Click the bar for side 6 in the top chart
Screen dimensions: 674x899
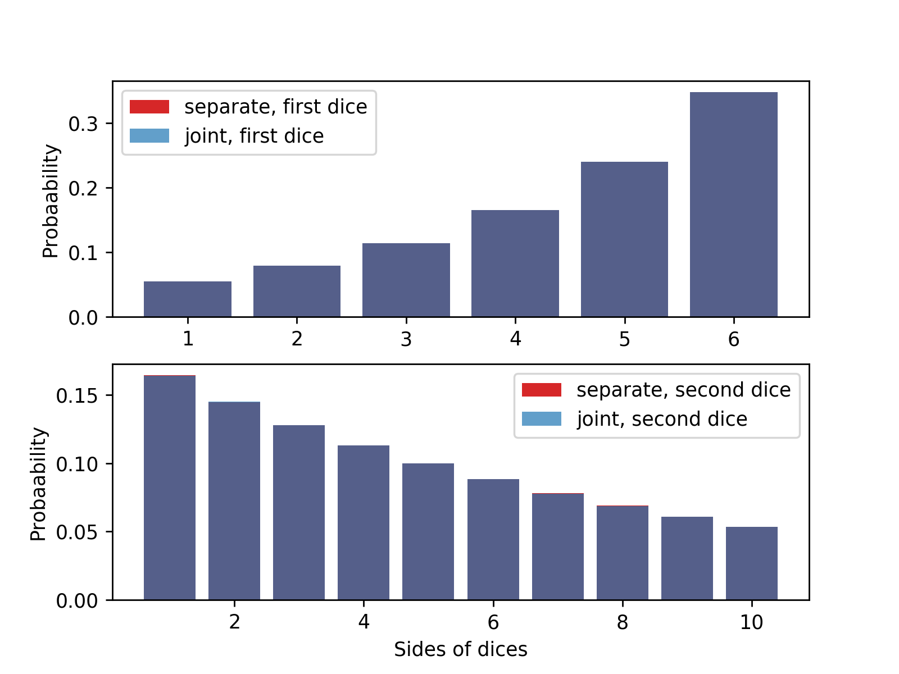pos(733,204)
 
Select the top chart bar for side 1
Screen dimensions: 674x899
pos(188,299)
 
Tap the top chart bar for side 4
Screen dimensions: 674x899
pos(515,263)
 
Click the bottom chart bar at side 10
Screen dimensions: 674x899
pos(751,563)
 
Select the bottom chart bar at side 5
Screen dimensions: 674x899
pos(428,531)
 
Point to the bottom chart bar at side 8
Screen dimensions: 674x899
pos(622,553)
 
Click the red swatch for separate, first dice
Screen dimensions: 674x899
pos(149,107)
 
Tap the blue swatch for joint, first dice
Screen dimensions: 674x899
pos(149,136)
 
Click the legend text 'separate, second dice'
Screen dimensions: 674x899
pos(683,390)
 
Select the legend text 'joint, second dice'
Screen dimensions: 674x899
pos(662,419)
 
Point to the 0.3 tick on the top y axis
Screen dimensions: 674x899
pos(83,124)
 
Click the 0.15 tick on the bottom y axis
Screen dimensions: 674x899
pos(76,396)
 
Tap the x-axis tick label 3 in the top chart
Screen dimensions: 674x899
pos(406,339)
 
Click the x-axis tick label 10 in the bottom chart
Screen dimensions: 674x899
pos(751,622)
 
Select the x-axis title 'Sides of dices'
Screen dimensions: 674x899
pos(460,649)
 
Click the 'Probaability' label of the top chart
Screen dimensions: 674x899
pos(51,201)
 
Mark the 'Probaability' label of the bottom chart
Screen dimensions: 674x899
pos(38,484)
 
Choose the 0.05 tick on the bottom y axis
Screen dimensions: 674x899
pos(76,532)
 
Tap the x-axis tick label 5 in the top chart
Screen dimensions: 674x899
pos(624,339)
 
